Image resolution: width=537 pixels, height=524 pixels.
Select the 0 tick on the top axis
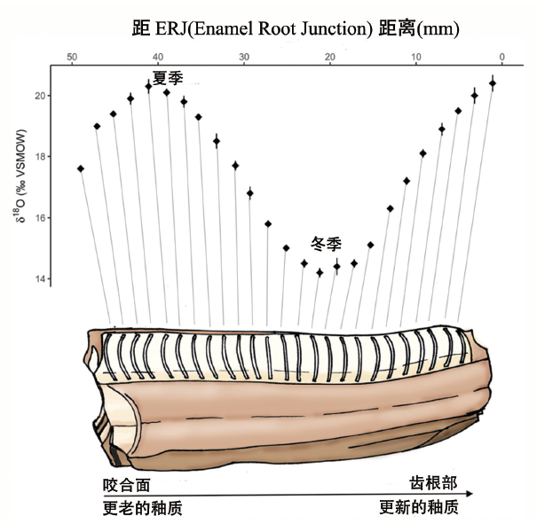(x=502, y=58)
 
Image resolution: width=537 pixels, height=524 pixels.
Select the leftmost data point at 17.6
(x=81, y=168)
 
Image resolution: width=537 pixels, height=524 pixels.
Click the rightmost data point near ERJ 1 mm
(x=493, y=83)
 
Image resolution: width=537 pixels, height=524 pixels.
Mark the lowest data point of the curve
(x=320, y=272)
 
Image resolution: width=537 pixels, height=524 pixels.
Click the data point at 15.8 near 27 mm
(x=268, y=224)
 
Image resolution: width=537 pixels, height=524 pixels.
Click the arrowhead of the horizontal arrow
(x=473, y=494)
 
